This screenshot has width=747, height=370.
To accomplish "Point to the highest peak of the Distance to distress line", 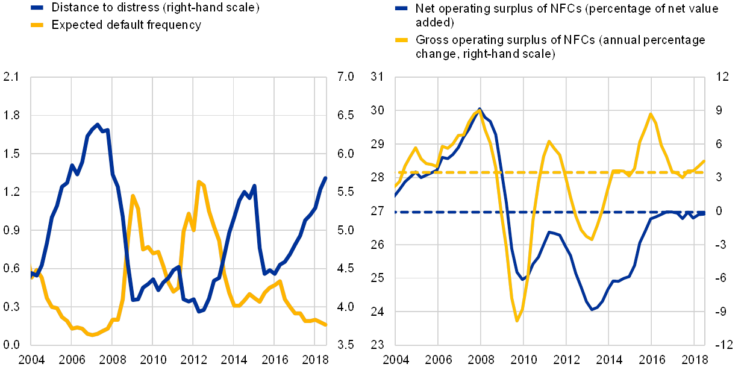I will pyautogui.click(x=98, y=124).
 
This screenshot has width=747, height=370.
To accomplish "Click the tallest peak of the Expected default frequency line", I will pyautogui.click(x=199, y=181).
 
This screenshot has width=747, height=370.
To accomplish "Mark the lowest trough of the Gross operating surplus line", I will pyautogui.click(x=517, y=321).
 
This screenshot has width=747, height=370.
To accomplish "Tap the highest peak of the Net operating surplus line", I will pyautogui.click(x=480, y=109).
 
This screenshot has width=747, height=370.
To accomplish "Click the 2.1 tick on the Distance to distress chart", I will pyautogui.click(x=11, y=76).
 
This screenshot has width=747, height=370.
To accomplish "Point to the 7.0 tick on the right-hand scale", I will pyautogui.click(x=346, y=76).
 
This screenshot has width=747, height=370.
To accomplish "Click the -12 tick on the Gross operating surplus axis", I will pyautogui.click(x=724, y=345).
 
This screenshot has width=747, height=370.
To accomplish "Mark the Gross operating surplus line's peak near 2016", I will pyautogui.click(x=651, y=113).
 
